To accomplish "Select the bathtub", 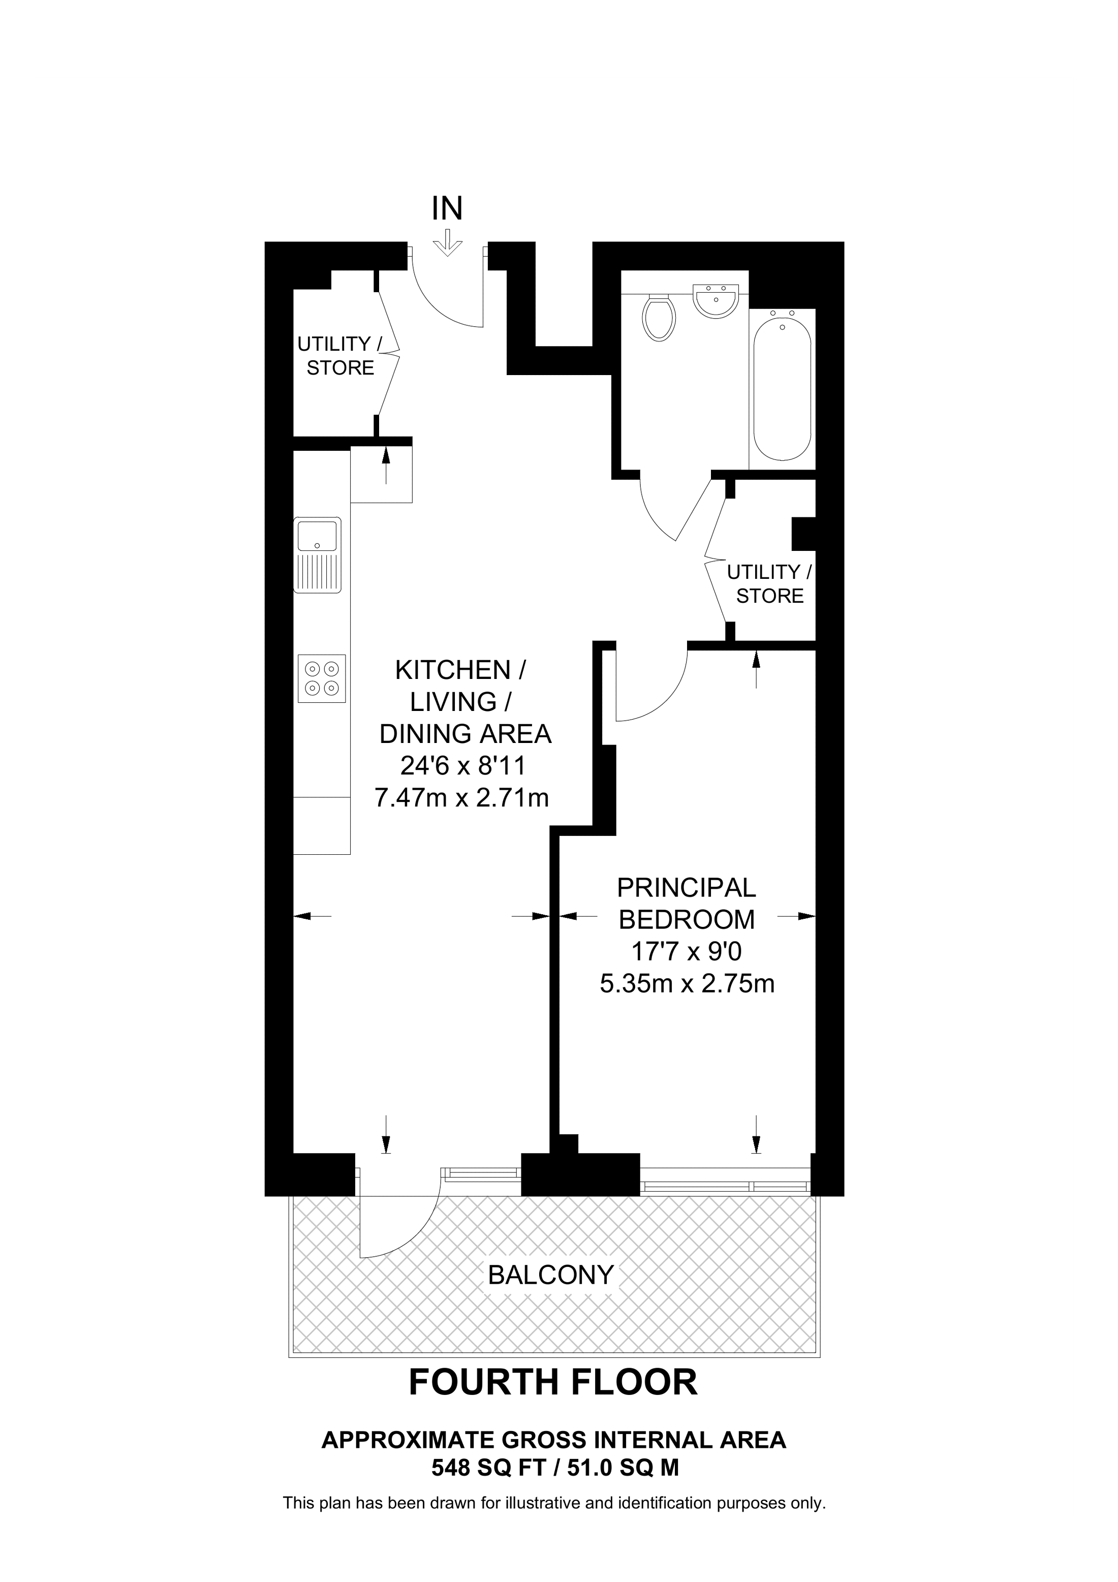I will point(782,390).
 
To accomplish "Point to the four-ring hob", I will point(322,678).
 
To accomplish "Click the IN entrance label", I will point(447,209).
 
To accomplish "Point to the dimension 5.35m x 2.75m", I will point(687,983).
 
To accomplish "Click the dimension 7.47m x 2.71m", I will point(461,797).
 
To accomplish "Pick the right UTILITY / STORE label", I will point(769,583).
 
